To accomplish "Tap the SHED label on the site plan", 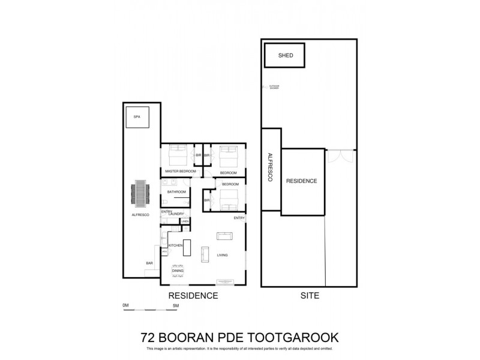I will tap(286, 55).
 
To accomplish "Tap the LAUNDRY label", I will tap(176, 214).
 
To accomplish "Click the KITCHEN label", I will tap(175, 246).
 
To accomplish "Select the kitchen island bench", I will tap(187, 247).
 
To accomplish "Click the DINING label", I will tap(178, 271).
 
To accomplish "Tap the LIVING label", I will tap(223, 256).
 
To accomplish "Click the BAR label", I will tap(149, 263).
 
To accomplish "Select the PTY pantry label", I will tap(164, 252).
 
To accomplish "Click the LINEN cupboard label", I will tap(185, 221).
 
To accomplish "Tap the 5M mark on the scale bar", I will tap(175, 305).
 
